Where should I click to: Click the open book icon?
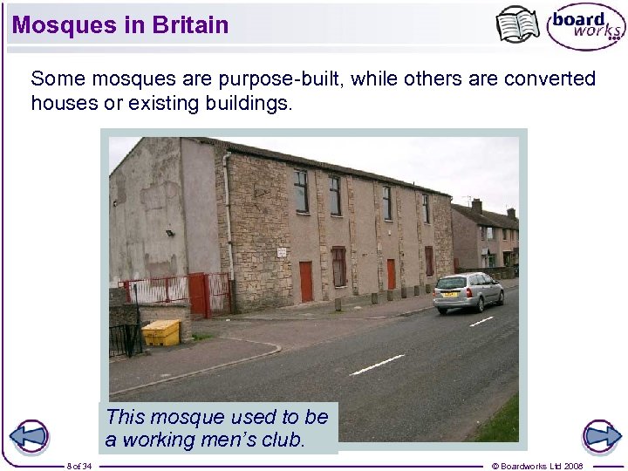click(x=517, y=24)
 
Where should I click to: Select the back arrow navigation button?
click(x=31, y=436)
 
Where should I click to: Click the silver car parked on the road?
click(x=468, y=292)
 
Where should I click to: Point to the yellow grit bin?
click(x=161, y=331)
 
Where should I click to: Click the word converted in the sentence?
click(x=549, y=78)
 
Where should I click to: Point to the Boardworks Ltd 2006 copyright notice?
click(x=537, y=466)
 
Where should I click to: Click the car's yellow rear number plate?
click(x=450, y=295)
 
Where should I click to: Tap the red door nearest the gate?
click(x=306, y=281)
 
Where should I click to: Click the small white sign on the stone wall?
click(x=282, y=252)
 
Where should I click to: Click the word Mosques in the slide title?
click(x=54, y=24)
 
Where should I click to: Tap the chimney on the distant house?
click(x=476, y=206)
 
